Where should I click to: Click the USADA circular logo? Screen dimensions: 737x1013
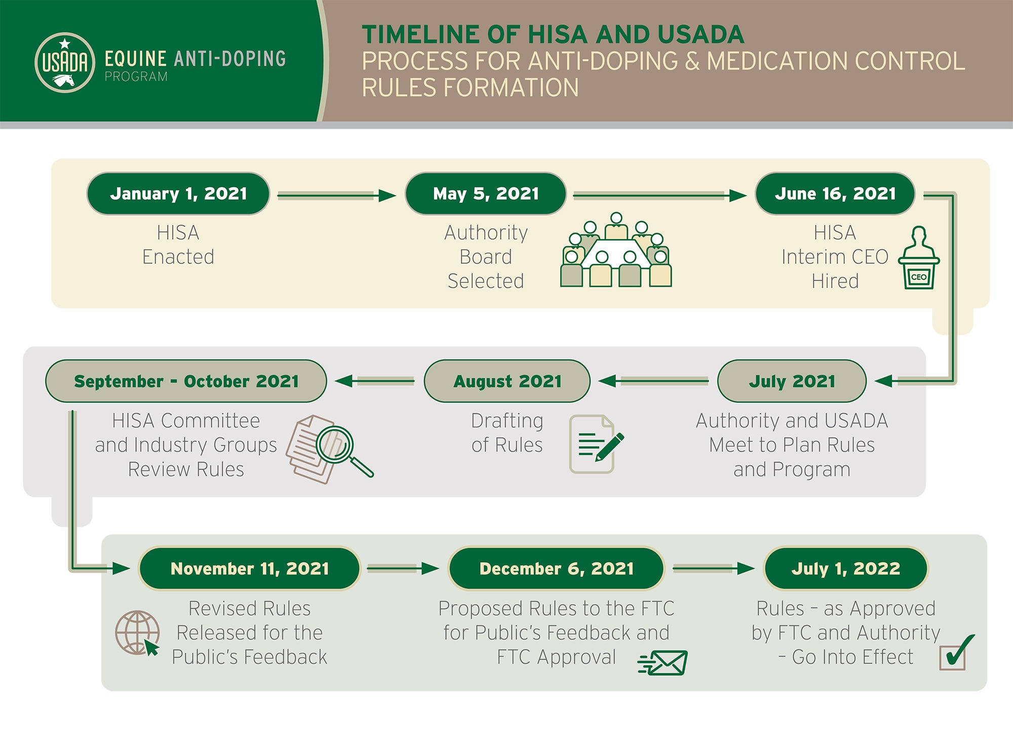pyautogui.click(x=65, y=63)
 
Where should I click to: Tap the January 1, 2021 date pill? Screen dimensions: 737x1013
pyautogui.click(x=178, y=194)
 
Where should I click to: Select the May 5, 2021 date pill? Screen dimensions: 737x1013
pyautogui.click(x=486, y=194)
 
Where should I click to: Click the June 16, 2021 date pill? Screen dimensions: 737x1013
pyautogui.click(x=835, y=194)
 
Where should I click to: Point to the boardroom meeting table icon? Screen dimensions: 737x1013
pyautogui.click(x=616, y=251)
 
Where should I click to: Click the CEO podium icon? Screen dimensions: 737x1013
pyautogui.click(x=919, y=259)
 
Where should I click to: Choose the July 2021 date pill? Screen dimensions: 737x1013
pyautogui.click(x=792, y=381)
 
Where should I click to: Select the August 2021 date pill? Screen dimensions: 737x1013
pyautogui.click(x=507, y=381)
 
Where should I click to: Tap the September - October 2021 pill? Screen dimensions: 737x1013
pyautogui.click(x=186, y=381)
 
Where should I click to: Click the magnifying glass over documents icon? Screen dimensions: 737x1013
pyautogui.click(x=329, y=448)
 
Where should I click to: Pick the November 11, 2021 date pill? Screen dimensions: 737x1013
pyautogui.click(x=250, y=569)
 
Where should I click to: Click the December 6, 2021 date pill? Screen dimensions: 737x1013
pyautogui.click(x=556, y=569)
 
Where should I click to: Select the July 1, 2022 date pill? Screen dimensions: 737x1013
pyautogui.click(x=846, y=569)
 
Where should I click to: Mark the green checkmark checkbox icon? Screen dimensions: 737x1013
pyautogui.click(x=955, y=653)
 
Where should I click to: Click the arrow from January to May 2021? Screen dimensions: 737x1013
pyautogui.click(x=336, y=196)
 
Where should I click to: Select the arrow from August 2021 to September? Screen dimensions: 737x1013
pyautogui.click(x=375, y=381)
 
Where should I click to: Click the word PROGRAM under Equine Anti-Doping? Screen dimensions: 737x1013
pyautogui.click(x=136, y=77)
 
